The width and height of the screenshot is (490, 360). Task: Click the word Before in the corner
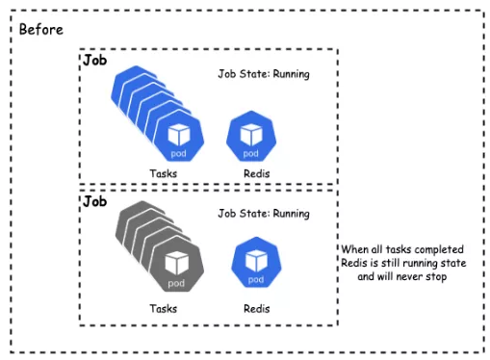(x=41, y=30)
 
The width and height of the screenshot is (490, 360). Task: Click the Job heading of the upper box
(x=94, y=60)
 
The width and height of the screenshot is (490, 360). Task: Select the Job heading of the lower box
(x=94, y=201)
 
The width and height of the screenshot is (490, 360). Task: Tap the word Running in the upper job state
(x=291, y=74)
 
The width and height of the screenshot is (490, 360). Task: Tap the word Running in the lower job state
(x=291, y=214)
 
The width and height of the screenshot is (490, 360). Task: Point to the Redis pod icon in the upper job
(x=251, y=136)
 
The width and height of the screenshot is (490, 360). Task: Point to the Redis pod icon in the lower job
(x=256, y=263)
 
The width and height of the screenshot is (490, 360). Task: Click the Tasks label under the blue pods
(x=164, y=173)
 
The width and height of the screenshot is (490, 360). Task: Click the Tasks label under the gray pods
(x=164, y=309)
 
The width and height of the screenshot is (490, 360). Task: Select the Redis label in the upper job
(x=257, y=173)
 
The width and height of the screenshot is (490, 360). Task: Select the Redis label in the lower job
(x=257, y=309)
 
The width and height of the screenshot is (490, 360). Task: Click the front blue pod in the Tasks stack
(x=179, y=136)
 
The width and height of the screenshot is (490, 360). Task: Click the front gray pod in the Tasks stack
(x=177, y=265)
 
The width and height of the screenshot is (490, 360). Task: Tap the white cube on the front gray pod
(x=177, y=262)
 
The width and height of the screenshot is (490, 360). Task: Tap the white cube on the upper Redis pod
(x=251, y=135)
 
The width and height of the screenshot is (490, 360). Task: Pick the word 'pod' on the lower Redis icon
(x=256, y=280)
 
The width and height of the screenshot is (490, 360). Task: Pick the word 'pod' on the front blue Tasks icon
(x=178, y=154)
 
